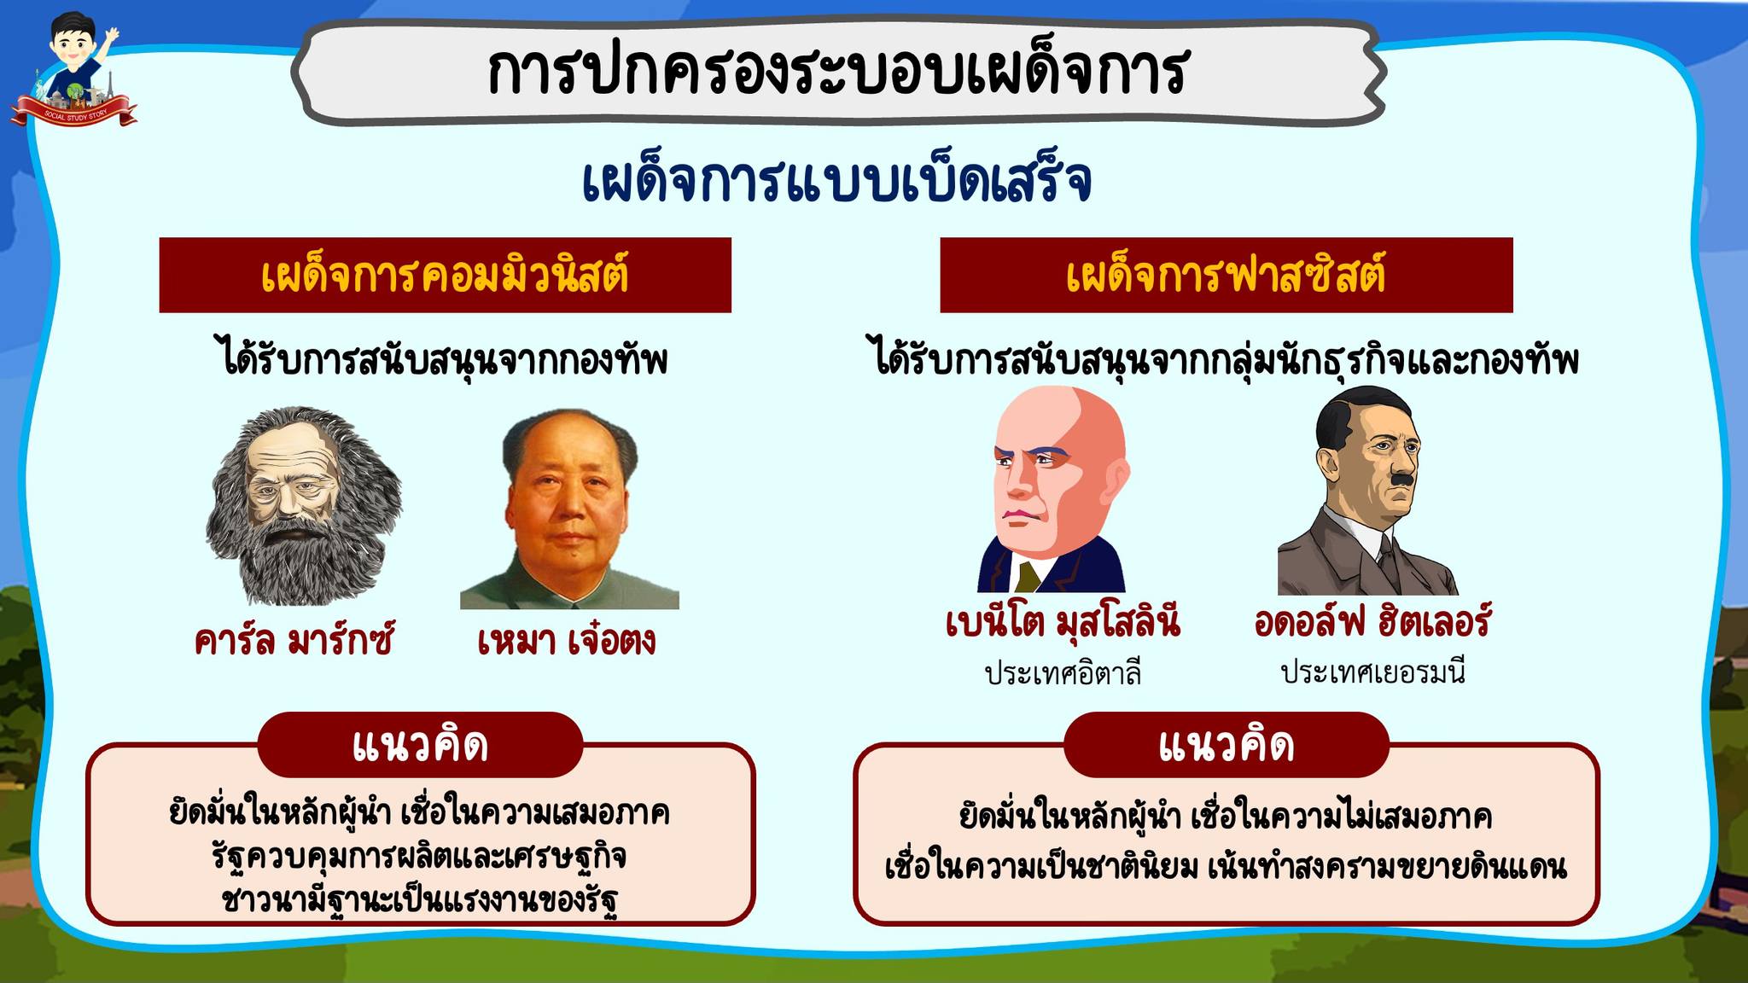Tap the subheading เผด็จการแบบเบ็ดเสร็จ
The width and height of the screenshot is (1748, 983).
point(836,180)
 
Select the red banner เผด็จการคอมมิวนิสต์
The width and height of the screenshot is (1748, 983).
point(445,275)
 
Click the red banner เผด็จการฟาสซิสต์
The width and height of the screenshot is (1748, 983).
point(1226,275)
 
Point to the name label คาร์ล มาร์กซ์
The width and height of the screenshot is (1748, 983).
point(294,640)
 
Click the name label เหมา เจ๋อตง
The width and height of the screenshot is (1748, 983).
point(567,640)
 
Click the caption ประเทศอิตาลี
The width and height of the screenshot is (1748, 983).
point(1063,672)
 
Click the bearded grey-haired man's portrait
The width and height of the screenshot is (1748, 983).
point(304,505)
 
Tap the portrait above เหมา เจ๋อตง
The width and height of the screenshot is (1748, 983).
point(569,509)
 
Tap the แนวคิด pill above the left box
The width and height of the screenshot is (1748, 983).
point(420,744)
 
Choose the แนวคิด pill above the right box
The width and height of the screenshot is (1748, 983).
point(1227,744)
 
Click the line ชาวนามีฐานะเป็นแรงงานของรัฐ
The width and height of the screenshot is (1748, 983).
point(420,899)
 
